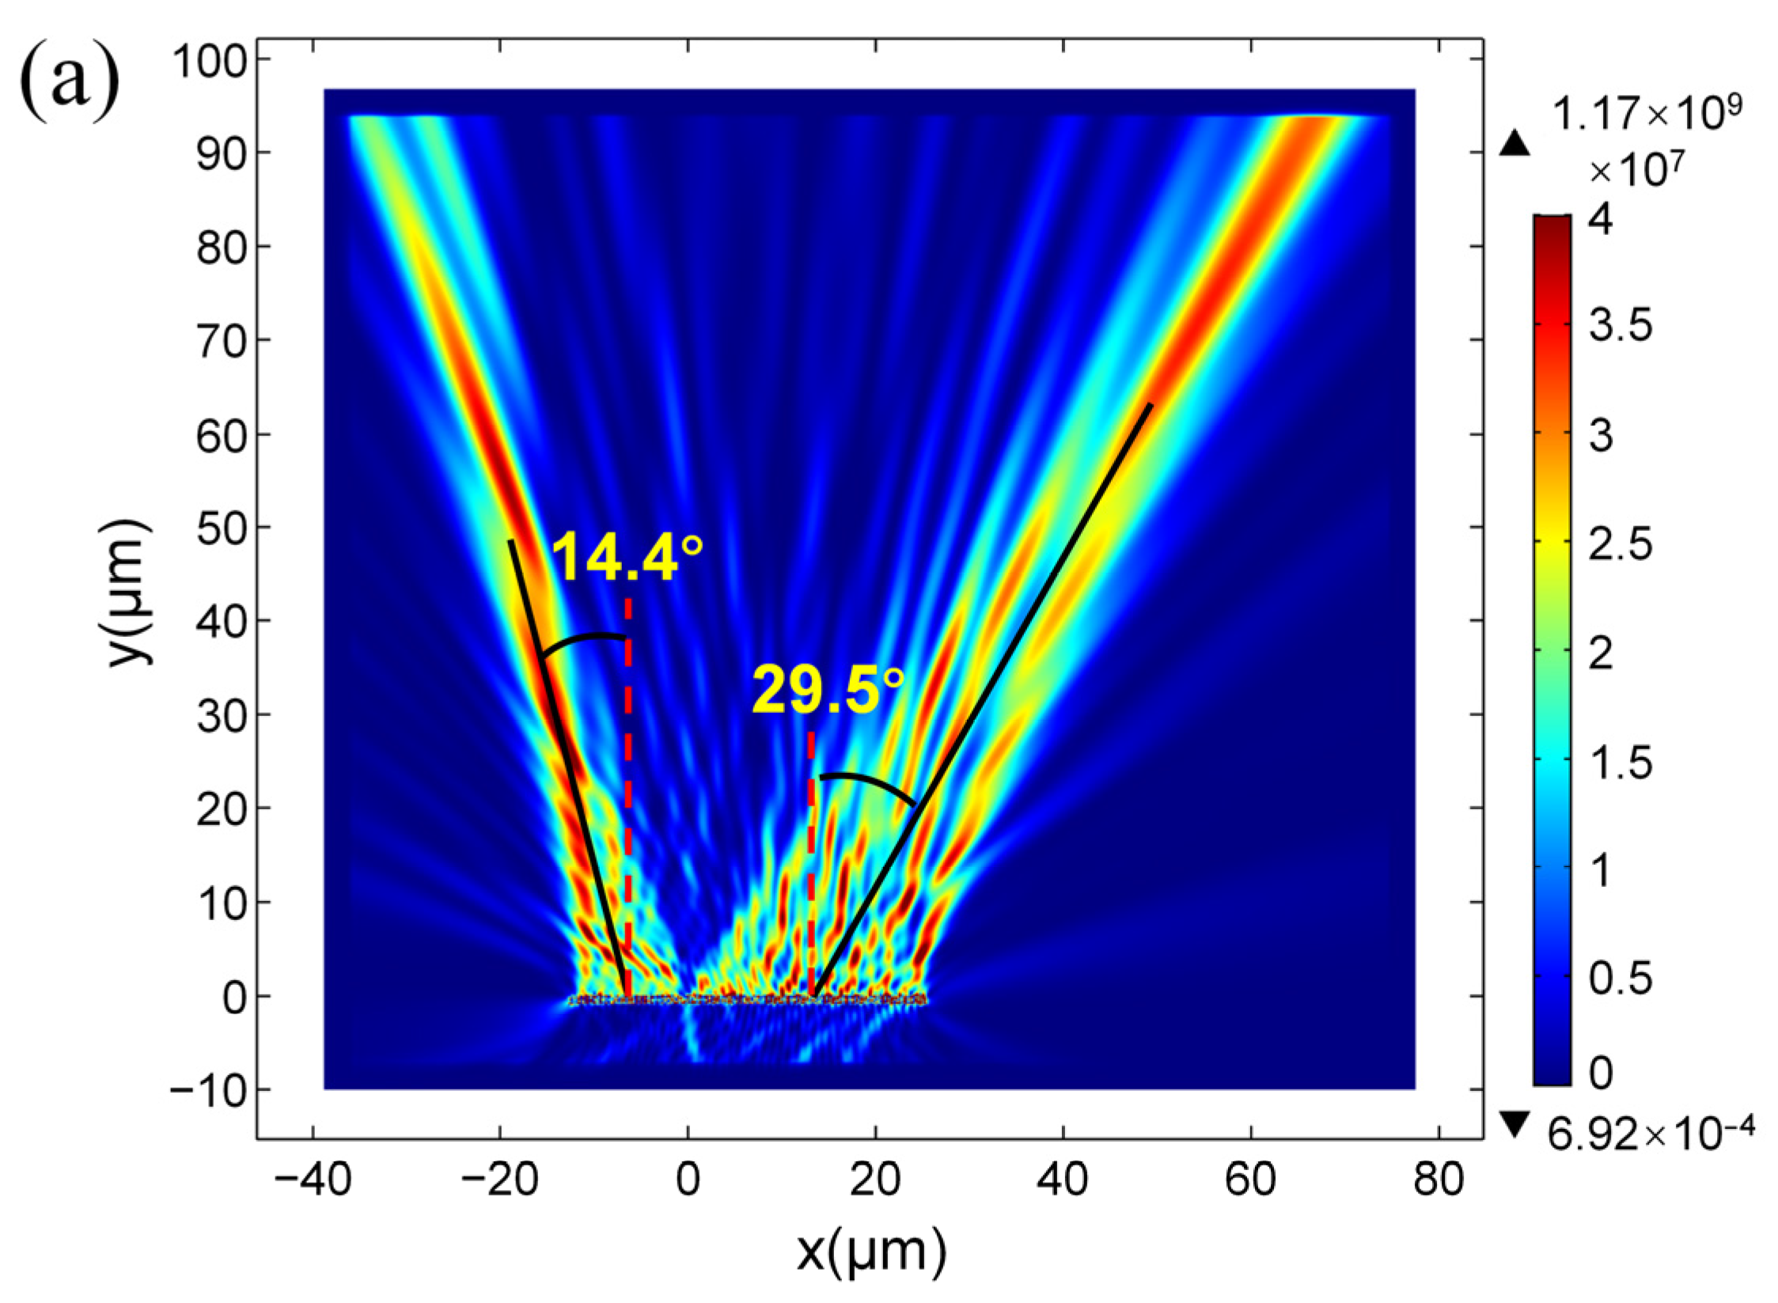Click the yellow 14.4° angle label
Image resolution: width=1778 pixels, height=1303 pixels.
point(625,558)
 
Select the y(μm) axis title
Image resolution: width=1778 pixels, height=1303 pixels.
point(130,593)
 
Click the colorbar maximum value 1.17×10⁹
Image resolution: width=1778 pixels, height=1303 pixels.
point(1646,116)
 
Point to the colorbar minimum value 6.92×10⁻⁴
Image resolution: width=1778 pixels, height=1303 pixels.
point(1650,1138)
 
